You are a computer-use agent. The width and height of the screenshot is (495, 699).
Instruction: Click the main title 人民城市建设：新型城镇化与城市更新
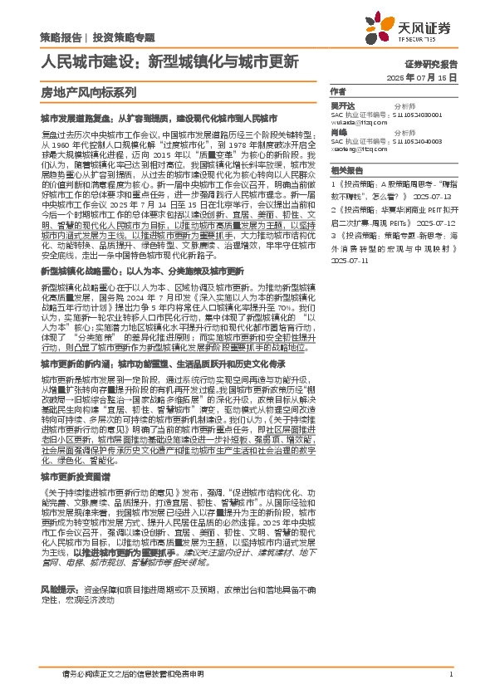tap(170, 61)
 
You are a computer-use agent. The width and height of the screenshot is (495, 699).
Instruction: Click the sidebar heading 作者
tap(338, 91)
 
